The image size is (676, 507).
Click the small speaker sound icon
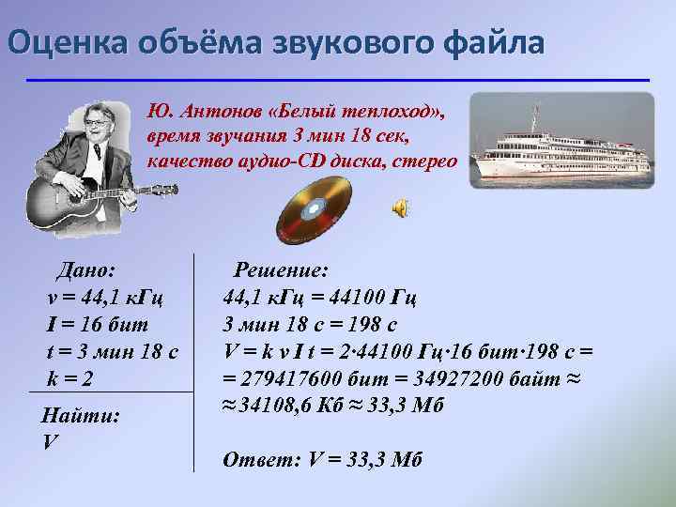point(400,208)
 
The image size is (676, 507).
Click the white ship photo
point(561,139)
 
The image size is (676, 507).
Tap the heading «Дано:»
point(85,270)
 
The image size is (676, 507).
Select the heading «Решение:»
point(281,270)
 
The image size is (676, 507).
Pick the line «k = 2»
point(70,377)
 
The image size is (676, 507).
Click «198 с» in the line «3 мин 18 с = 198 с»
point(372,325)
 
